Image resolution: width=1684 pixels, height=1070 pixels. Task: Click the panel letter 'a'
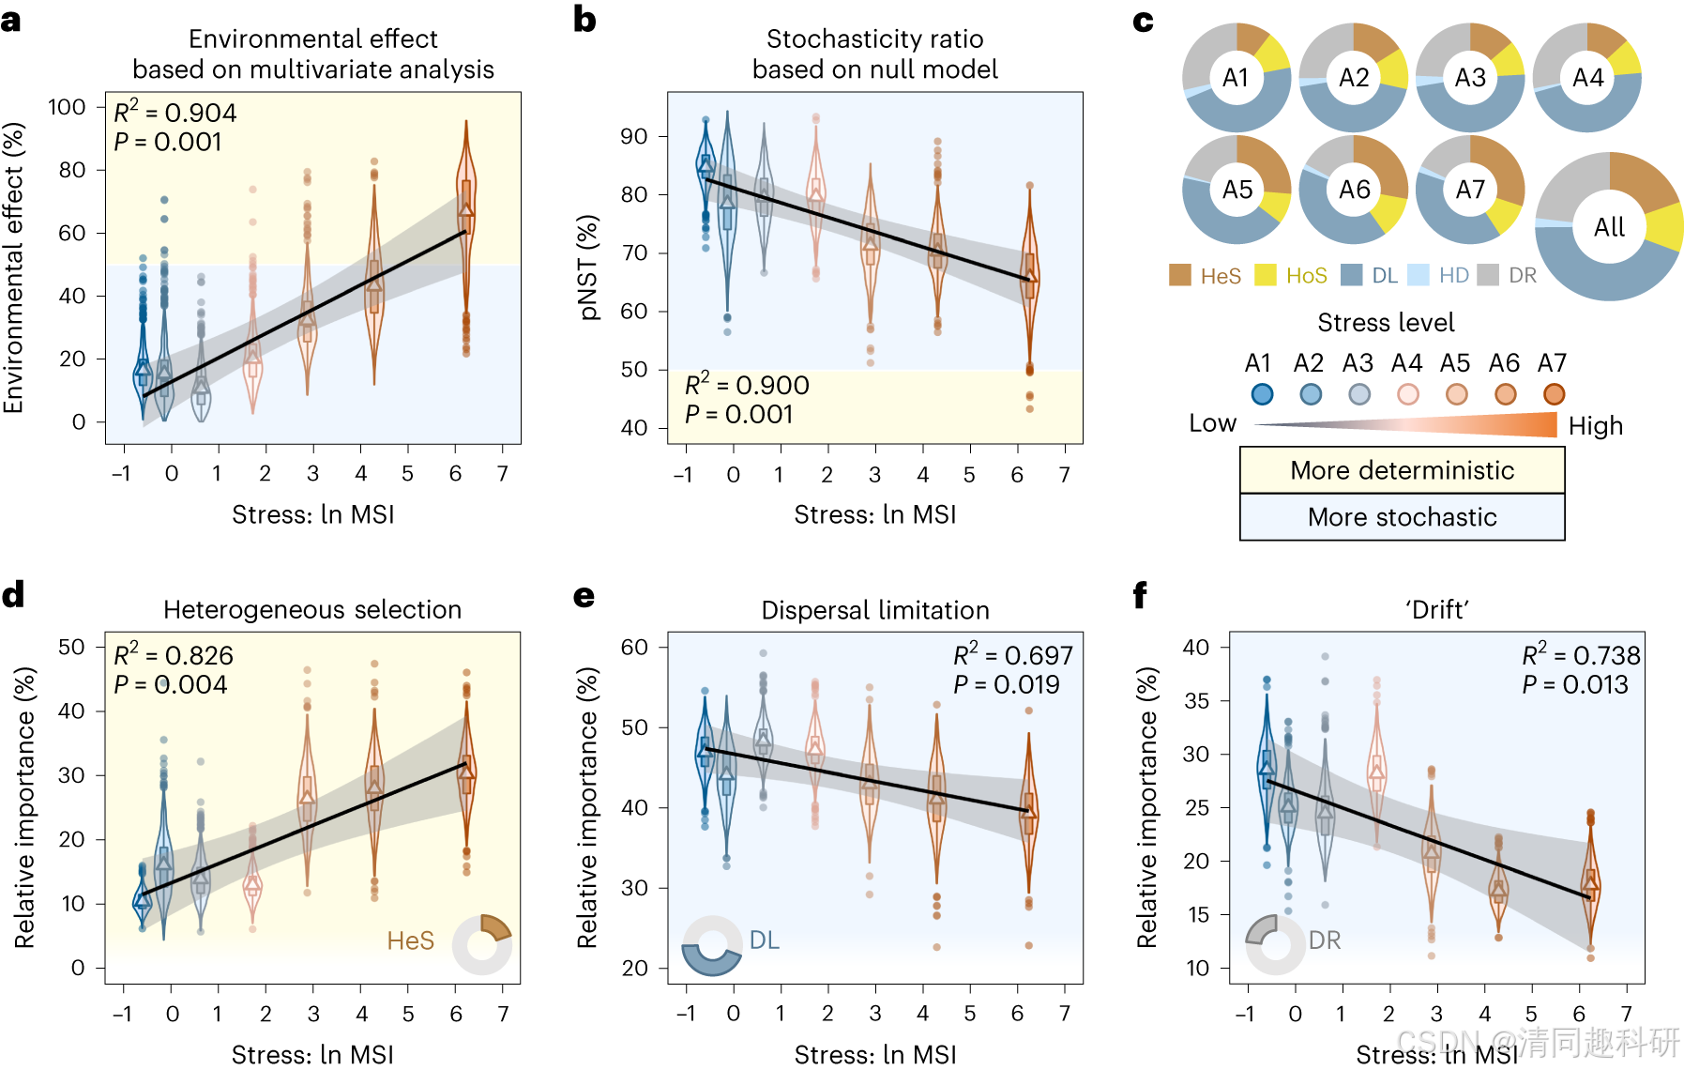pyautogui.click(x=11, y=21)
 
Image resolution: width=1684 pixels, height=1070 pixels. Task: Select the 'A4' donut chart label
pyautogui.click(x=1587, y=77)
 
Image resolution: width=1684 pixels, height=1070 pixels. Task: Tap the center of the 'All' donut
pyautogui.click(x=1609, y=227)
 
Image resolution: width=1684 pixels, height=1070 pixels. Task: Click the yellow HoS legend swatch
pyautogui.click(x=1266, y=275)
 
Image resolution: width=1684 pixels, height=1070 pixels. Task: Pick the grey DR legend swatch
pyautogui.click(x=1488, y=275)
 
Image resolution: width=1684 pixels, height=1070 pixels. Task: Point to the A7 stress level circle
pyautogui.click(x=1554, y=394)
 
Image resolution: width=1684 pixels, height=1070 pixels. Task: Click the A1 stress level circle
pyautogui.click(x=1262, y=394)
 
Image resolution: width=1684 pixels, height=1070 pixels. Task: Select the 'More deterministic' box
pyautogui.click(x=1402, y=470)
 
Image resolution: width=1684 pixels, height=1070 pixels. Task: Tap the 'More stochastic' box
pyautogui.click(x=1402, y=517)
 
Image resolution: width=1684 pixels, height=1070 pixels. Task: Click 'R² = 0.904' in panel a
pyautogui.click(x=175, y=113)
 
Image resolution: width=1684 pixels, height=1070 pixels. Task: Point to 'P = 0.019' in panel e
pyautogui.click(x=1006, y=685)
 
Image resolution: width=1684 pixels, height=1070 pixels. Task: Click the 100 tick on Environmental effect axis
pyautogui.click(x=68, y=107)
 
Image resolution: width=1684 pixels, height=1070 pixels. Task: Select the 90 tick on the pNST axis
pyautogui.click(x=634, y=136)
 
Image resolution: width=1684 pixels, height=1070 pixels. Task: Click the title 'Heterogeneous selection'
pyautogui.click(x=312, y=610)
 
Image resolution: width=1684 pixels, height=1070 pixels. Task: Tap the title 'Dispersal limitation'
pyautogui.click(x=875, y=611)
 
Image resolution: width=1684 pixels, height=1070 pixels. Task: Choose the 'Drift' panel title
pyautogui.click(x=1436, y=611)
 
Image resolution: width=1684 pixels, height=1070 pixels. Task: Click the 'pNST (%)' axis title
pyautogui.click(x=588, y=267)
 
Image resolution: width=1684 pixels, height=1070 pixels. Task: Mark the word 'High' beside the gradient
pyautogui.click(x=1596, y=426)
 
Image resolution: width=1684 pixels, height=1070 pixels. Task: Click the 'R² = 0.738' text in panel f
pyautogui.click(x=1581, y=655)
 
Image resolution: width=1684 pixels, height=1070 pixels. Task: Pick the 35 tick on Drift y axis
pyautogui.click(x=1196, y=700)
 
